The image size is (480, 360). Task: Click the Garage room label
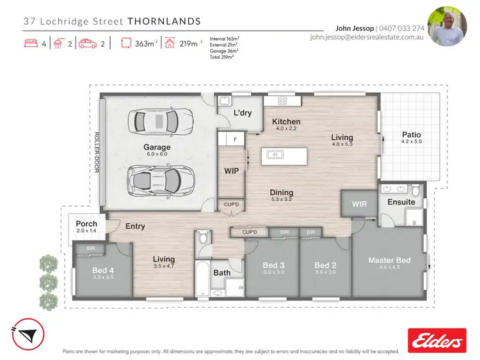pyautogui.click(x=157, y=147)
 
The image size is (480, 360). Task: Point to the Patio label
pyautogui.click(x=411, y=135)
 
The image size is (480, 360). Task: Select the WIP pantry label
pyautogui.click(x=231, y=171)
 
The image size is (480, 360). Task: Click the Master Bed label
pyautogui.click(x=389, y=260)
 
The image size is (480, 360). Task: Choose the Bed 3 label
pyautogui.click(x=273, y=265)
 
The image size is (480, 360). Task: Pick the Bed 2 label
pyautogui.click(x=325, y=265)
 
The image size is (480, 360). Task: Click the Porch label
pyautogui.click(x=86, y=224)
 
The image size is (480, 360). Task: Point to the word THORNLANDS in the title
pyautogui.click(x=164, y=21)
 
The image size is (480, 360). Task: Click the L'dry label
pyautogui.click(x=242, y=113)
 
